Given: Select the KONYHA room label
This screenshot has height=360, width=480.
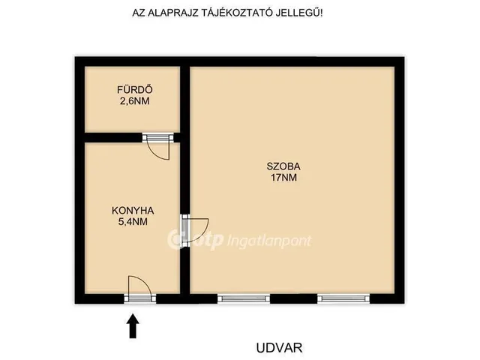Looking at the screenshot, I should point(133,211).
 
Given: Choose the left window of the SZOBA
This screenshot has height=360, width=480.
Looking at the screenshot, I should point(243,298).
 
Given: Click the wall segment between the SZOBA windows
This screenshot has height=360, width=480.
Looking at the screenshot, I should point(293,298).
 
